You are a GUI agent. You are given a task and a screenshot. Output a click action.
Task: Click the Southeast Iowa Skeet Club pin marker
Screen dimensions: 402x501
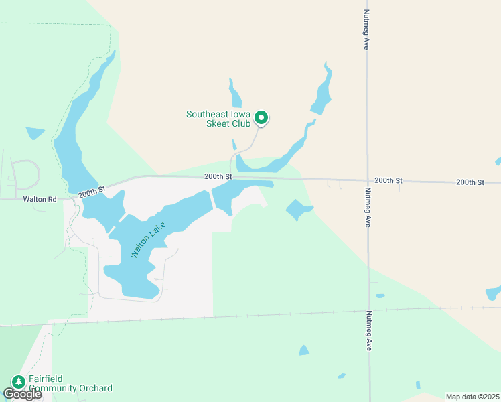[262, 118]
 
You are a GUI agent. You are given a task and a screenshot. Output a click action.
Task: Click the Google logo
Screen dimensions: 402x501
[22, 394]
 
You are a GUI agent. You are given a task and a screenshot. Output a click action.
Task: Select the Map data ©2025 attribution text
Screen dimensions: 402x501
[473, 397]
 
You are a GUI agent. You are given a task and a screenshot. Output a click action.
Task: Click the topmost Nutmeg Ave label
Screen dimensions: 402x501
[366, 29]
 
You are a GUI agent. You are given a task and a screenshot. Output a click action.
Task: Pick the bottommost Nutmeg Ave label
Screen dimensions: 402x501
[368, 331]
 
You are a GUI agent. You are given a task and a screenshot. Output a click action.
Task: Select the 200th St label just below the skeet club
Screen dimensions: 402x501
[218, 176]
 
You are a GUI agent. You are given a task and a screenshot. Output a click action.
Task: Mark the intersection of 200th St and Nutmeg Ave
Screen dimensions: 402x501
[367, 181]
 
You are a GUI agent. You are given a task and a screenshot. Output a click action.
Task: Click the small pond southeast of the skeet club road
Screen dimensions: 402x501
[298, 210]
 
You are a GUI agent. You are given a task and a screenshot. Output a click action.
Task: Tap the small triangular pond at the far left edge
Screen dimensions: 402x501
[34, 133]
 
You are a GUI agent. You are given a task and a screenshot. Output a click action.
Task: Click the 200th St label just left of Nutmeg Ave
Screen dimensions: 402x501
[388, 180]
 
